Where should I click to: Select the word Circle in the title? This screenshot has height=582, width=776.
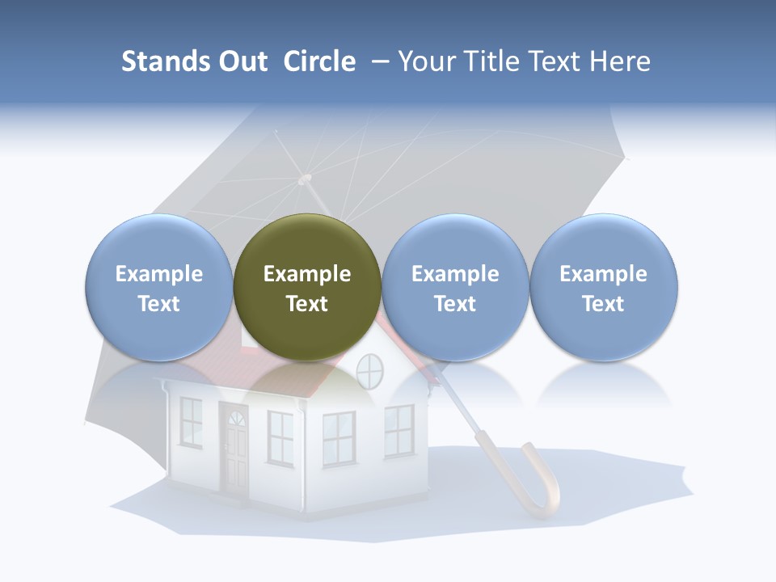click(x=319, y=61)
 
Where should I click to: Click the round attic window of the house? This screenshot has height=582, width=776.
click(x=369, y=371)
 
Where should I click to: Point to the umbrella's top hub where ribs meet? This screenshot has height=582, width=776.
click(x=304, y=179)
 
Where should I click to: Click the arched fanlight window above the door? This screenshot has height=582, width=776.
click(x=236, y=419)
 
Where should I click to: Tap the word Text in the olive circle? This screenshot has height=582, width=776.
click(x=307, y=304)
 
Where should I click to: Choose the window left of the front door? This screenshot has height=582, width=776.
click(x=192, y=421)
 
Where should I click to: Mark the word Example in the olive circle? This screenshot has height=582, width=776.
click(x=307, y=274)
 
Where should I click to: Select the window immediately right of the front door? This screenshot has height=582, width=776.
click(x=280, y=436)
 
